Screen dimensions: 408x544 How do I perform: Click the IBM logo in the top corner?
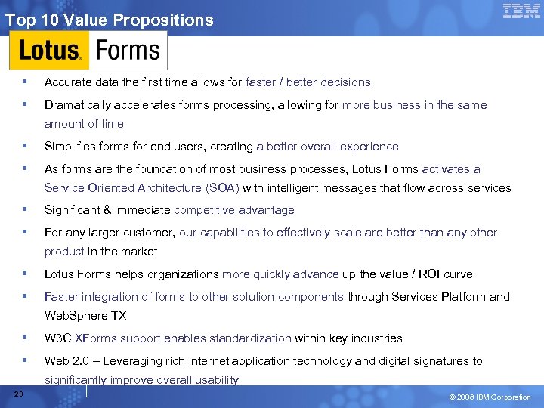point(522,11)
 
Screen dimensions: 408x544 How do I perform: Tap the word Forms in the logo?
point(128,51)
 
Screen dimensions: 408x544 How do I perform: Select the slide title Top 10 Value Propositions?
point(110,20)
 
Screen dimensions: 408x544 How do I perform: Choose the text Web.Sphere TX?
point(85,316)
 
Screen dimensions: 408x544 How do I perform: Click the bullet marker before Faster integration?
point(25,297)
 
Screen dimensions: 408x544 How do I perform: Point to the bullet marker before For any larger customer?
point(25,233)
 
